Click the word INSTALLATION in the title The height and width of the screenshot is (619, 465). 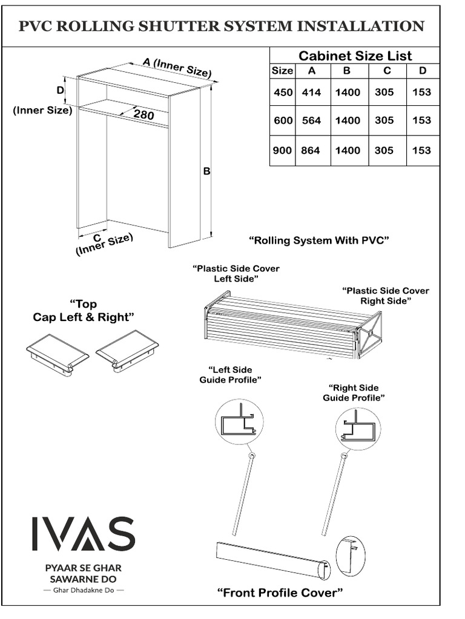[x=357, y=26]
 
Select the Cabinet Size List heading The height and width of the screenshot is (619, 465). [x=355, y=56]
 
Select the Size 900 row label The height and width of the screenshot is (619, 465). [x=282, y=151]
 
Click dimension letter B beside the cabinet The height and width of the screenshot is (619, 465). [x=206, y=172]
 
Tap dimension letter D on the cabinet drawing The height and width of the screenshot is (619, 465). [x=61, y=90]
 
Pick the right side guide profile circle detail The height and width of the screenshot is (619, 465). [x=358, y=429]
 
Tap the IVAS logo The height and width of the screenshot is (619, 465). [x=83, y=534]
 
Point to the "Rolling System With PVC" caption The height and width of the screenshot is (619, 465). [x=318, y=241]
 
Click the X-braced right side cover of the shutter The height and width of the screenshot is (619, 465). [x=370, y=334]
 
